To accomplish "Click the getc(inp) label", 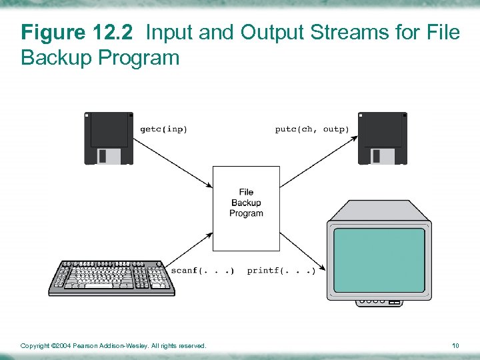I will pyautogui.click(x=163, y=129).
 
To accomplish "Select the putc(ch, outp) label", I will pyautogui.click(x=311, y=129).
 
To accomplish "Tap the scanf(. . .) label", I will pyautogui.click(x=203, y=271).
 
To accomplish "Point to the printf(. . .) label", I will pyautogui.click(x=281, y=271).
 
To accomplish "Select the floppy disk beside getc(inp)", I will pyautogui.click(x=109, y=138).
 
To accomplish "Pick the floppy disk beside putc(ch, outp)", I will pyautogui.click(x=382, y=138).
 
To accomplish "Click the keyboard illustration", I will pyautogui.click(x=111, y=277).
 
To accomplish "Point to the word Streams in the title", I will pyautogui.click(x=347, y=32).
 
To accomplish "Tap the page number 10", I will pyautogui.click(x=455, y=346).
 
